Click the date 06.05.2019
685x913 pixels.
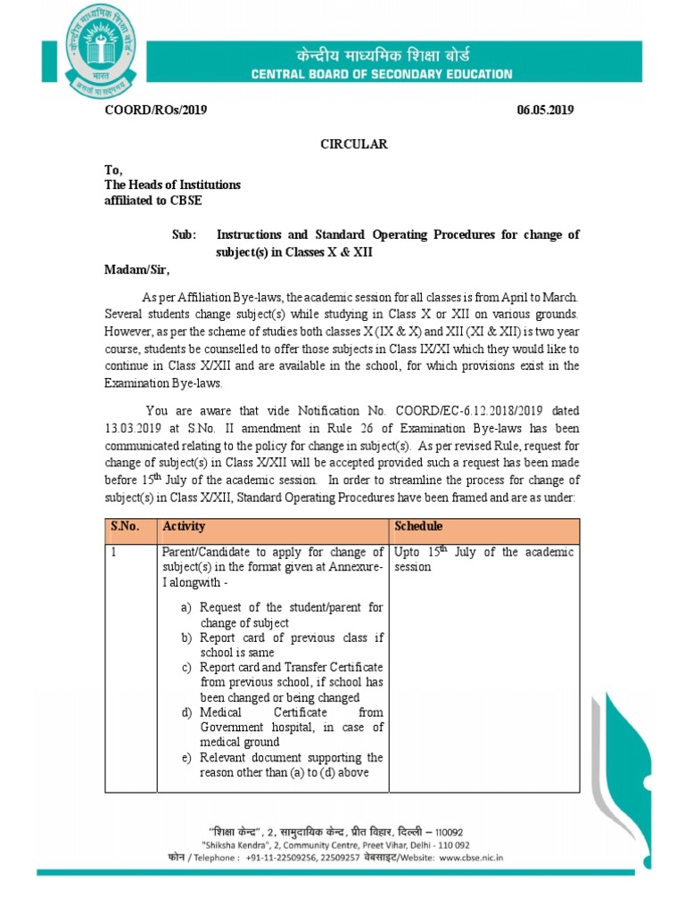(545, 110)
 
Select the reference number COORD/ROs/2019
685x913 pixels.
(155, 110)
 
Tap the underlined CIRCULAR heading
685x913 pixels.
(354, 144)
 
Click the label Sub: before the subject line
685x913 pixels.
(183, 234)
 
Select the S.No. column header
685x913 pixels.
(125, 527)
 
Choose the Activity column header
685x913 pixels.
(183, 527)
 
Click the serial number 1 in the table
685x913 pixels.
(114, 553)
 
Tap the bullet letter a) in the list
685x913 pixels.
(186, 608)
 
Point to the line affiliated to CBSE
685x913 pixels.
(153, 200)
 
